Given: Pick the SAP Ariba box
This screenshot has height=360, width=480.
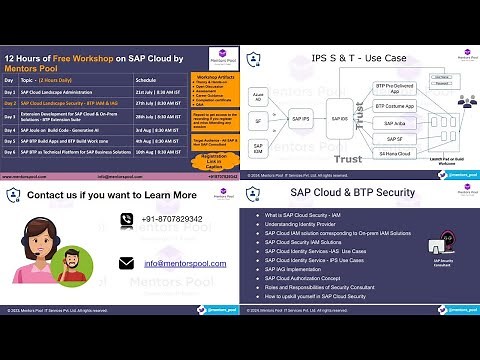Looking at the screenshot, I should click(x=394, y=124).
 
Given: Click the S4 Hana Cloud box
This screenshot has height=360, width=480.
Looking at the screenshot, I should click(x=394, y=153).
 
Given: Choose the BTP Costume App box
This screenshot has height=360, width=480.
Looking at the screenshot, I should click(x=394, y=105).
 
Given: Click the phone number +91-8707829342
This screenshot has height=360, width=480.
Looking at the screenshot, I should click(x=171, y=218).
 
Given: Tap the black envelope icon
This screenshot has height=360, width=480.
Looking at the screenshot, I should click(x=126, y=264).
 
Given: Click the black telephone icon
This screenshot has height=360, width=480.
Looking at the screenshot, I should click(x=126, y=219).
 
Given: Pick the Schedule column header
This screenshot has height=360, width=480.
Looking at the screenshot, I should click(x=146, y=79).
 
